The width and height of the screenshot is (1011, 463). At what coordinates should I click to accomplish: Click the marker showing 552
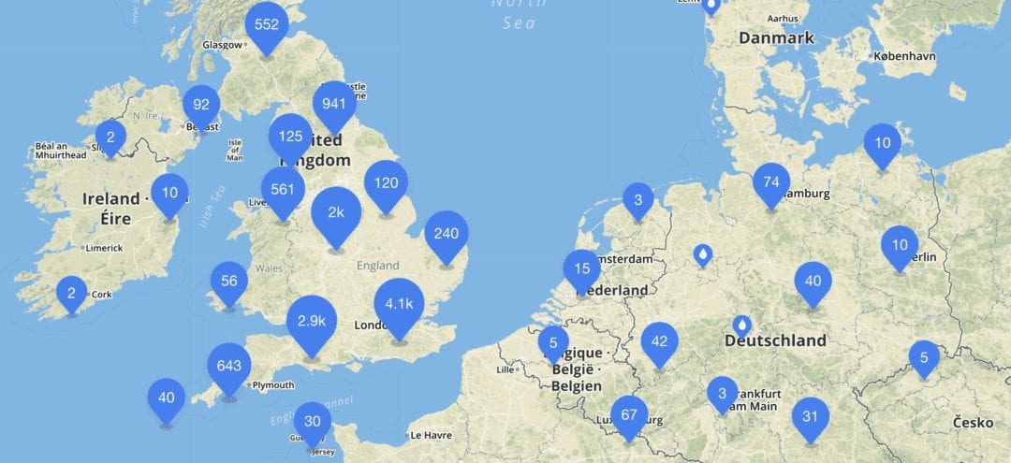(267, 25)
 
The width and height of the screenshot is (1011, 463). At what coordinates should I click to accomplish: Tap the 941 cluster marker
(334, 104)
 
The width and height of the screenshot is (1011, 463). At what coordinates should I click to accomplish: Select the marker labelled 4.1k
(399, 303)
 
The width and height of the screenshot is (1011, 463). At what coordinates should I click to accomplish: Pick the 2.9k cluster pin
(312, 320)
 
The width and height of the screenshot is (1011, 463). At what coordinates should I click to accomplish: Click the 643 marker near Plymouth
(229, 366)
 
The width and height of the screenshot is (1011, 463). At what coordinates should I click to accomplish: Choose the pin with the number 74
(771, 181)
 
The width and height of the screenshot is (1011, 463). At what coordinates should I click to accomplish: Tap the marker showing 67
(628, 414)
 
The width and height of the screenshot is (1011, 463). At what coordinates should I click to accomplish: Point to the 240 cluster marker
(447, 234)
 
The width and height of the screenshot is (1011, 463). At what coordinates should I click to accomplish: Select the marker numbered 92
(201, 105)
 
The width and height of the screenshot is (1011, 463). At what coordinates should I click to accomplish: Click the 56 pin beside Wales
(229, 280)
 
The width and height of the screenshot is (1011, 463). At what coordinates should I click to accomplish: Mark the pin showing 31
(811, 416)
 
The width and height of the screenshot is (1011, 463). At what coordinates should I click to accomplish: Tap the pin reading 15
(582, 268)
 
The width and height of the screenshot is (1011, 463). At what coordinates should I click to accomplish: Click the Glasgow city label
(225, 45)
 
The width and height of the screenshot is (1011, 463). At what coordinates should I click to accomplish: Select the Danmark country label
(776, 38)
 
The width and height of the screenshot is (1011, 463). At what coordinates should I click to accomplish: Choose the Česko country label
(974, 423)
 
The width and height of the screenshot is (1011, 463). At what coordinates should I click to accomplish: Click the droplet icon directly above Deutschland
(742, 325)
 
